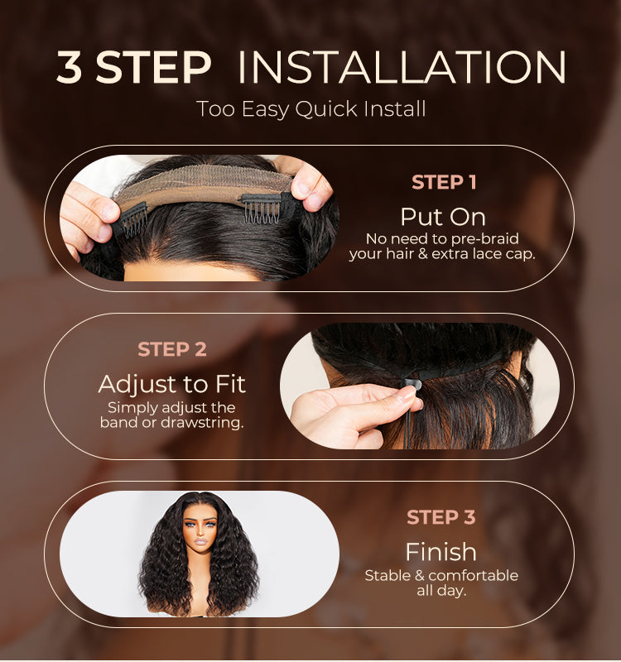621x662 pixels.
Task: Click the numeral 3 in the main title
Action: point(70,69)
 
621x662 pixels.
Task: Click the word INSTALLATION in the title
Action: point(402,69)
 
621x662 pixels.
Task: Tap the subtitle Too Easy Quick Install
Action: point(310,108)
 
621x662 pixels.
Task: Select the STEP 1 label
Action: point(444,182)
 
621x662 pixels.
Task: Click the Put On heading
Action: point(443,217)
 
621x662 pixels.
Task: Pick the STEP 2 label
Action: point(172,349)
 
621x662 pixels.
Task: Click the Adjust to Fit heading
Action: point(172,384)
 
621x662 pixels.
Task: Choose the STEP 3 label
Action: point(441,518)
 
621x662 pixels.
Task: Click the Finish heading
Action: point(440,552)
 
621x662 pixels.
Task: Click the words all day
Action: point(441,591)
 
